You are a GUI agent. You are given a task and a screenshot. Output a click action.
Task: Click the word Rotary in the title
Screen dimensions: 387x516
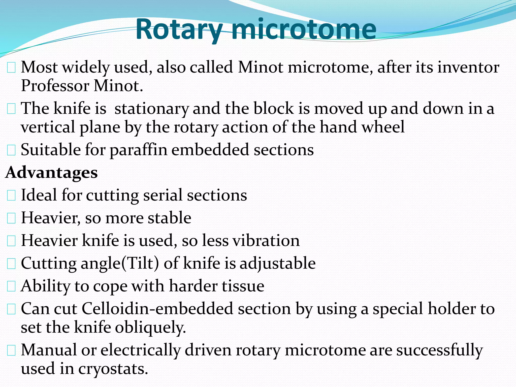pyautogui.click(x=179, y=30)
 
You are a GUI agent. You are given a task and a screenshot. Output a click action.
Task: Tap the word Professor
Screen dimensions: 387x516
pyautogui.click(x=55, y=86)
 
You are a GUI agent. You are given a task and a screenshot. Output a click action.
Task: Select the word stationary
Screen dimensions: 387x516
pyautogui.click(x=151, y=109)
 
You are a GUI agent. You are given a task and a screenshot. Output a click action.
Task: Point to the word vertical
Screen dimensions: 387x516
pyautogui.click(x=48, y=127)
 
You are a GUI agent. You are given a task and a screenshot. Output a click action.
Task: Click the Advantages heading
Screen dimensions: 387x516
pyautogui.click(x=52, y=173)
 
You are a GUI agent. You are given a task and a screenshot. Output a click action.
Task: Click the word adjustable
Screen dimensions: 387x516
pyautogui.click(x=277, y=264)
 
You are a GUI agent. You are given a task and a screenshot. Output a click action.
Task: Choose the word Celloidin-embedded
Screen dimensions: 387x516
pyautogui.click(x=157, y=309)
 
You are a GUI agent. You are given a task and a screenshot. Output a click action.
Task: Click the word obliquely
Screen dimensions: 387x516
pyautogui.click(x=150, y=328)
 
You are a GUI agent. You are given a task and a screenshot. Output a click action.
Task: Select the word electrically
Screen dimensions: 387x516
pyautogui.click(x=141, y=350)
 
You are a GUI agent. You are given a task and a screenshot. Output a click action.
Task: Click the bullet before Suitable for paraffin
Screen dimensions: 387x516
pyautogui.click(x=11, y=150)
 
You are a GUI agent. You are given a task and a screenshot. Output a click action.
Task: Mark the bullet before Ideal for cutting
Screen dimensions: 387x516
pyautogui.click(x=11, y=196)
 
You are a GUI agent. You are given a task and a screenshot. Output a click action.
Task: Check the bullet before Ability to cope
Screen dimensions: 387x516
pyautogui.click(x=11, y=286)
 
